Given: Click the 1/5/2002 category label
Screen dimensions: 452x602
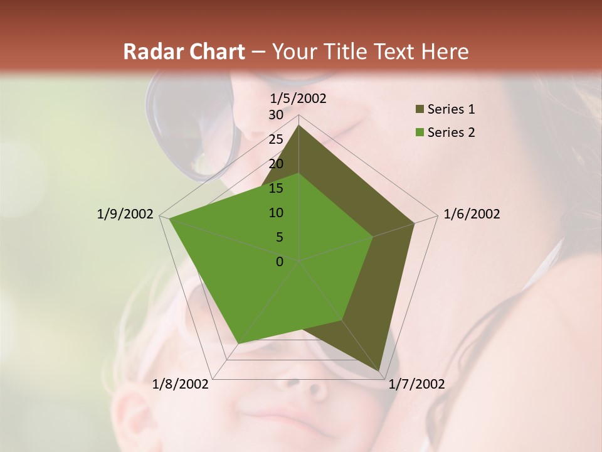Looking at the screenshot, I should (x=298, y=99).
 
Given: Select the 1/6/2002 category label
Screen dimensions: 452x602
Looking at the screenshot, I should (x=472, y=214).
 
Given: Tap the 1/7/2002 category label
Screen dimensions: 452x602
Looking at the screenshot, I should (x=416, y=384).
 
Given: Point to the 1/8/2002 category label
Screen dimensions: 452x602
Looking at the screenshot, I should (x=181, y=384).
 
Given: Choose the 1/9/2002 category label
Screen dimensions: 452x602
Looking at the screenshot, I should (x=125, y=214).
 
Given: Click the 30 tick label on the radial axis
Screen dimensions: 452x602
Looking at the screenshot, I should (x=276, y=115).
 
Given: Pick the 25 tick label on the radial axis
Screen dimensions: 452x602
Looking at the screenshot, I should (x=276, y=139).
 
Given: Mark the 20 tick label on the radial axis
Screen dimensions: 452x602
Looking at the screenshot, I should (x=276, y=164).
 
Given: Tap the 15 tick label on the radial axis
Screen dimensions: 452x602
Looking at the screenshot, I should (x=276, y=188).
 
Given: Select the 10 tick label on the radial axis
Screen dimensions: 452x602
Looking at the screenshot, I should (x=276, y=213).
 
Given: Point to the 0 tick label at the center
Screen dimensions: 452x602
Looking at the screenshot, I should (x=280, y=262).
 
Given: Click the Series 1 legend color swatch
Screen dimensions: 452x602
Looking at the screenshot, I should (x=420, y=110).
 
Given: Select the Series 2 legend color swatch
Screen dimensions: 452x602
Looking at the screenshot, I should (x=420, y=132).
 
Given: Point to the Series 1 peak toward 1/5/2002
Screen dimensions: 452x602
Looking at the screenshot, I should (x=298, y=126).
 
